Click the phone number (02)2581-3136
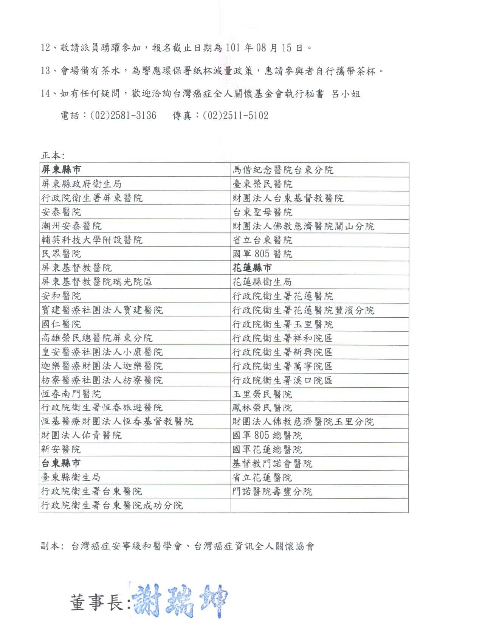tap(123, 115)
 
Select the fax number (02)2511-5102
tap(236, 115)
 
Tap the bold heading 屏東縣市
tap(61, 170)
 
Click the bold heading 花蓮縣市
tap(252, 268)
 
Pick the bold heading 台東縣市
tap(61, 463)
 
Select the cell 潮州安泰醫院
tap(71, 226)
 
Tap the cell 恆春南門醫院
tap(71, 394)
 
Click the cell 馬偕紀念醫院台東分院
tap(283, 170)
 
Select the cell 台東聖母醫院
tap(262, 212)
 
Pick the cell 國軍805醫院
tap(262, 254)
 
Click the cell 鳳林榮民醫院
tap(262, 408)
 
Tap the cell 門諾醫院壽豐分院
tap(273, 491)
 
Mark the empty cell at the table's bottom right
tap(319, 505)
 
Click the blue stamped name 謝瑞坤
tap(180, 601)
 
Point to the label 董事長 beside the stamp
tap(97, 602)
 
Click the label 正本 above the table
tap(53, 155)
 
